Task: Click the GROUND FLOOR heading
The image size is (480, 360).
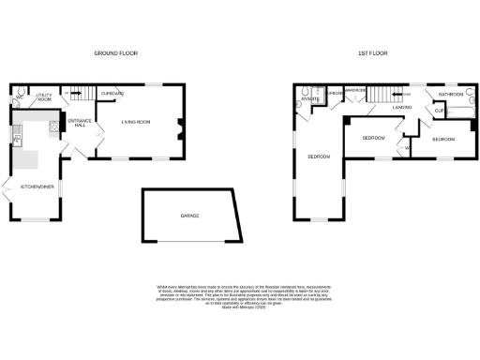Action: [x=115, y=54]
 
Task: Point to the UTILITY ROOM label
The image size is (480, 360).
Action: [x=44, y=97]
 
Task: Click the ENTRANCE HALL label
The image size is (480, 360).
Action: [x=79, y=125]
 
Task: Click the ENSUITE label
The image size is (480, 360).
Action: [x=312, y=98]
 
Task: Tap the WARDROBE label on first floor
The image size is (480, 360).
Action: [x=353, y=91]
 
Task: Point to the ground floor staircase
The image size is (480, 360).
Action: [x=77, y=95]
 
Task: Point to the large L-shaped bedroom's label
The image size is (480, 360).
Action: [x=320, y=157]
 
